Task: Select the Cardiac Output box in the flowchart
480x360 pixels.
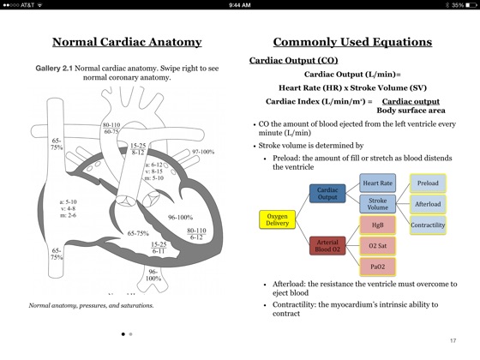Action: coord(327,194)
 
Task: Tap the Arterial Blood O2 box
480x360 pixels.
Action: coord(327,246)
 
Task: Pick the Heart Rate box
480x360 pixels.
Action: coord(377,183)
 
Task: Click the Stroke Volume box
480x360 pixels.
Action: coord(377,204)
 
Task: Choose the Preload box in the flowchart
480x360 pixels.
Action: coord(428,183)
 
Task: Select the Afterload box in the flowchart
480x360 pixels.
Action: coord(428,204)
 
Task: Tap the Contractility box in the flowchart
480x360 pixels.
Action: coord(428,225)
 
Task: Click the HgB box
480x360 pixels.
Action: coord(377,225)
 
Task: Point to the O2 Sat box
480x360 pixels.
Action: coord(377,246)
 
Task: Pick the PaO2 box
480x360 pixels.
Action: coord(377,267)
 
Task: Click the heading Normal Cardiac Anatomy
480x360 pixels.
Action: coord(127,42)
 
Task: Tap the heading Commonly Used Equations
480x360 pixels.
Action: coord(352,42)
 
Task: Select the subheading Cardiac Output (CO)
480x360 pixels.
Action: coord(293,61)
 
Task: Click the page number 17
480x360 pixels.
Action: coord(453,340)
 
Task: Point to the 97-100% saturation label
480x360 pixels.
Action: coord(203,152)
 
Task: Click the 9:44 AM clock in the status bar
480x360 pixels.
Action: coord(240,5)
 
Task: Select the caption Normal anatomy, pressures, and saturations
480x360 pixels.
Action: coord(91,305)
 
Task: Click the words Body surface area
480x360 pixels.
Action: coord(411,110)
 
